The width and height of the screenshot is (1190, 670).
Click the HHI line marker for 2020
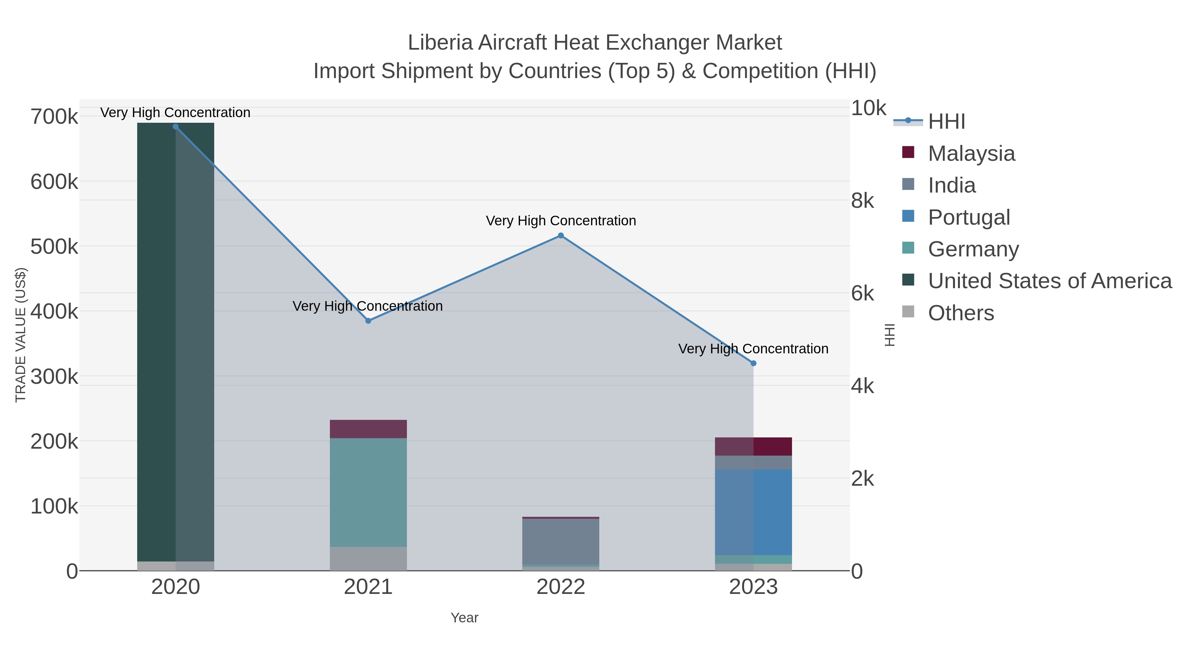176,127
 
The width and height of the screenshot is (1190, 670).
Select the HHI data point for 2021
368,321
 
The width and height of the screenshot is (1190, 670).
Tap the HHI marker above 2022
561,235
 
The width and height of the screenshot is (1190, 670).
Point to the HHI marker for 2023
753,363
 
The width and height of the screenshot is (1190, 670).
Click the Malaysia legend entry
971,154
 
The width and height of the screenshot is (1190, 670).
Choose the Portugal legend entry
969,217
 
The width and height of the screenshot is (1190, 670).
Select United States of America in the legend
1050,281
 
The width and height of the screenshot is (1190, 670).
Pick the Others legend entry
961,313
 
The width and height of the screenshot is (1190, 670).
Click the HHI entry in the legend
947,122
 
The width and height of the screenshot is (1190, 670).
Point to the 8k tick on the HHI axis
862,201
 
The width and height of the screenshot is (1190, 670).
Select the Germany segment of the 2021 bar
368,492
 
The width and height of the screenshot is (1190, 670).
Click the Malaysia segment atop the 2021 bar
368,429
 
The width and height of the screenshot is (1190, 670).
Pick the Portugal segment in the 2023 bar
753,512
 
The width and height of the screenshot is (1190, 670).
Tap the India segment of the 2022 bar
561,541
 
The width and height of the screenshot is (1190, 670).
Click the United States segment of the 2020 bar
176,342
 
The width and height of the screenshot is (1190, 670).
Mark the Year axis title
464,618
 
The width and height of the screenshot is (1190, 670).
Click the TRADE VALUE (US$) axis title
21,335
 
